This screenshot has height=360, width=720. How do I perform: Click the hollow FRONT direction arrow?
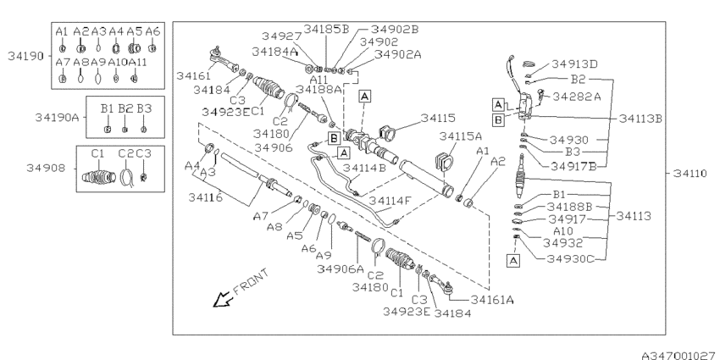point(224,297)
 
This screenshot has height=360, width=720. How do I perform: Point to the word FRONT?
point(251,280)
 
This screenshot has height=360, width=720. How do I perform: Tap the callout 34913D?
point(573,64)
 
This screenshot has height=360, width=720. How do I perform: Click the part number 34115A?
point(460,136)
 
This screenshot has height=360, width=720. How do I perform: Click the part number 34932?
point(561,243)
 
